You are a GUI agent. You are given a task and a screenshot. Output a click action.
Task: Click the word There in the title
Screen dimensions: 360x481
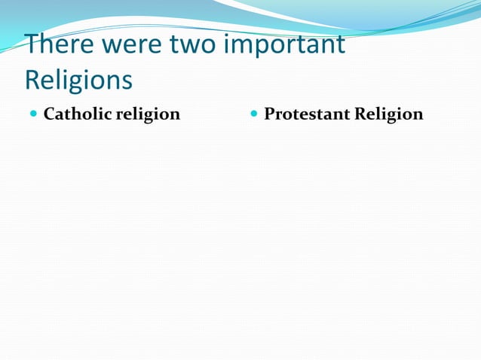[57, 45]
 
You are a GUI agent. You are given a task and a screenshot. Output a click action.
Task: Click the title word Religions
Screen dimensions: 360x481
[78, 80]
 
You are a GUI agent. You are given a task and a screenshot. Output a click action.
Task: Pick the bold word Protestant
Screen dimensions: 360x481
[308, 114]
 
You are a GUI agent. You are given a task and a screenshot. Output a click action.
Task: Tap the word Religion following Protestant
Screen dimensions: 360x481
[390, 115]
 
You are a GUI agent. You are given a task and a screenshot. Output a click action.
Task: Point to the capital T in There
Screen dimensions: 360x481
[32, 45]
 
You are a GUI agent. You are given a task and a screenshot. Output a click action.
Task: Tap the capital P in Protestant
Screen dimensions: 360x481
[269, 114]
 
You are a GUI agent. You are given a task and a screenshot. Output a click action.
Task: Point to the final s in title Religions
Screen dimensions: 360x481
[127, 81]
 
